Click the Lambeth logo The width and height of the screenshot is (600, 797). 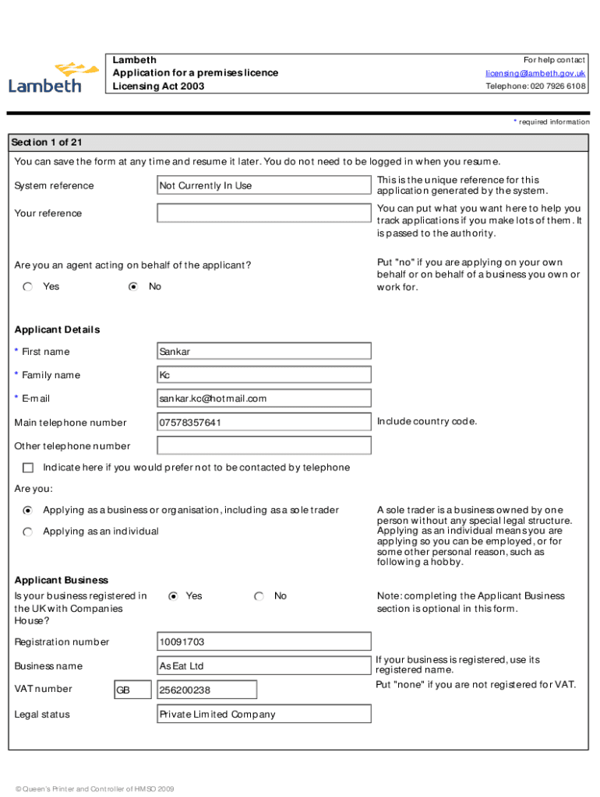pos(53,77)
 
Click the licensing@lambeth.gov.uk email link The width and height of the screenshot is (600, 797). pos(535,73)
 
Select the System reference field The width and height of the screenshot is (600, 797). pos(263,185)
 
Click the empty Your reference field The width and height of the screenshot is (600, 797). pos(263,213)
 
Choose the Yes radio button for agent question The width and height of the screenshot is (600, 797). pos(28,287)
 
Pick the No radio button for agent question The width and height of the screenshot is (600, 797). pos(133,287)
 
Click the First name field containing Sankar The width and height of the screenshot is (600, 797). pos(263,351)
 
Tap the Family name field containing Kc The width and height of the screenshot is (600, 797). pos(263,375)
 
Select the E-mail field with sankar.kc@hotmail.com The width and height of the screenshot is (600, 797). pos(263,398)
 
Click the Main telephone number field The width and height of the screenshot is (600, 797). pos(263,423)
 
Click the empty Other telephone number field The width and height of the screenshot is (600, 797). pos(263,446)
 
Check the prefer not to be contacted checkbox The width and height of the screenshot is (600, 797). pos(28,468)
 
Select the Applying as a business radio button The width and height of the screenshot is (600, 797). pos(28,511)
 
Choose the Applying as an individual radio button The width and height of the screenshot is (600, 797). pos(28,532)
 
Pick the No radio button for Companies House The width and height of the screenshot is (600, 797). pos(259,596)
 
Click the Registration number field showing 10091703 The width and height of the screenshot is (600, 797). pos(263,642)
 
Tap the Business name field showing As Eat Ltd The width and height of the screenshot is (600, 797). pos(263,666)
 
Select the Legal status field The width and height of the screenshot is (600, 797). pos(263,714)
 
